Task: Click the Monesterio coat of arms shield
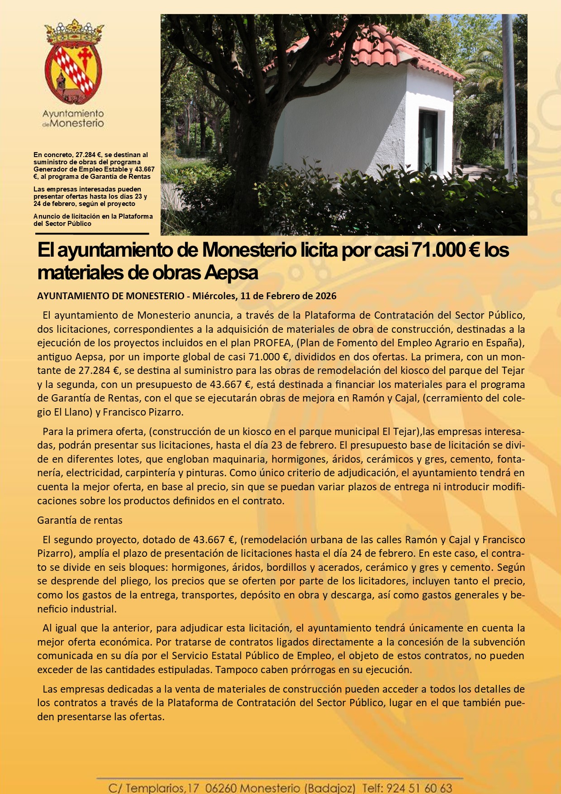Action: pyautogui.click(x=73, y=72)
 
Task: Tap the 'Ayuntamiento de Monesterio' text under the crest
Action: pyautogui.click(x=73, y=118)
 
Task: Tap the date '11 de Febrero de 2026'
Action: pyautogui.click(x=288, y=296)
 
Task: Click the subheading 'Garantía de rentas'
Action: pyautogui.click(x=80, y=520)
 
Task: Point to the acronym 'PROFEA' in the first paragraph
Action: pyautogui.click(x=272, y=342)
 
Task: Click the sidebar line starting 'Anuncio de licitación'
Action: pyautogui.click(x=93, y=220)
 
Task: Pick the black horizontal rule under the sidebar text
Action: pyautogui.click(x=92, y=234)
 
